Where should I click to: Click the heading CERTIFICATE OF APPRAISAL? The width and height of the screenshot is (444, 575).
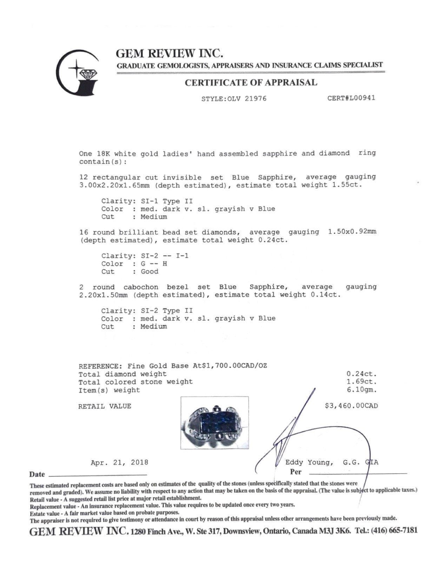[251, 83]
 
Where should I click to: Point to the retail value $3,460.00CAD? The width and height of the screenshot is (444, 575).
[352, 406]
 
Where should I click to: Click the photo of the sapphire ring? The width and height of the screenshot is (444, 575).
[214, 423]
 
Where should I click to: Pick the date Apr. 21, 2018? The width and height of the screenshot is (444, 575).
[119, 463]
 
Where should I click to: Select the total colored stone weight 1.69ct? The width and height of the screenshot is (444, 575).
[361, 382]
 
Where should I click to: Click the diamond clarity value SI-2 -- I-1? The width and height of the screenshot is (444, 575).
[163, 256]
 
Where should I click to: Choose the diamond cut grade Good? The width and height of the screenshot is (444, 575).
[150, 272]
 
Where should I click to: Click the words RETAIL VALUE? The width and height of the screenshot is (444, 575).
[105, 406]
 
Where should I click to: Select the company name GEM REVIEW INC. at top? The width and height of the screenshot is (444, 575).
[170, 53]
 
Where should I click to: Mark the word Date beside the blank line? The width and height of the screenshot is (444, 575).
[37, 475]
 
